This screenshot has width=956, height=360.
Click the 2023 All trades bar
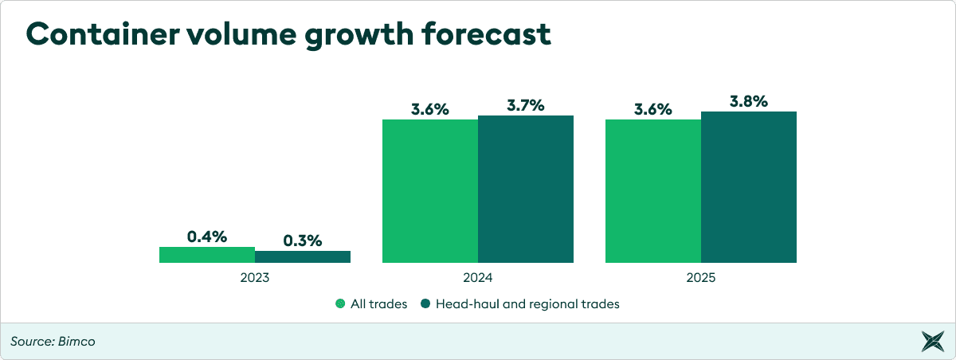207,255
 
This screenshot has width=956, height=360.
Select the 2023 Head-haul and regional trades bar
303,256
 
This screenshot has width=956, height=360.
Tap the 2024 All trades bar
430,191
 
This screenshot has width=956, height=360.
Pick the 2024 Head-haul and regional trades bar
526,190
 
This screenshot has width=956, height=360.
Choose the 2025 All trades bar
653,191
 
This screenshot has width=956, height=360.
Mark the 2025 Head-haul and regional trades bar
749,187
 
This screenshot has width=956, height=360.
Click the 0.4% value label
207,237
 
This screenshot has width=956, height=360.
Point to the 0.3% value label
303,241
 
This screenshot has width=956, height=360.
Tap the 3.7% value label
526,105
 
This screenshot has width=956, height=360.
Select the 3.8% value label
749,101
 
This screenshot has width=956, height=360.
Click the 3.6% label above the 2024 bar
430,109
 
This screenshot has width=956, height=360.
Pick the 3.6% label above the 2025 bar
653,109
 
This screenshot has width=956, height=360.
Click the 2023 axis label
255,279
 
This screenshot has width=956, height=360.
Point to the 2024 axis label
478,279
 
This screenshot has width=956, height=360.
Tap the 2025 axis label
701,279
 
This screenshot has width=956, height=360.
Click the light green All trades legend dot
340,303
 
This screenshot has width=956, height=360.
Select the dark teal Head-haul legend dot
426,303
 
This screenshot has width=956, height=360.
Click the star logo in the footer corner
931,342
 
